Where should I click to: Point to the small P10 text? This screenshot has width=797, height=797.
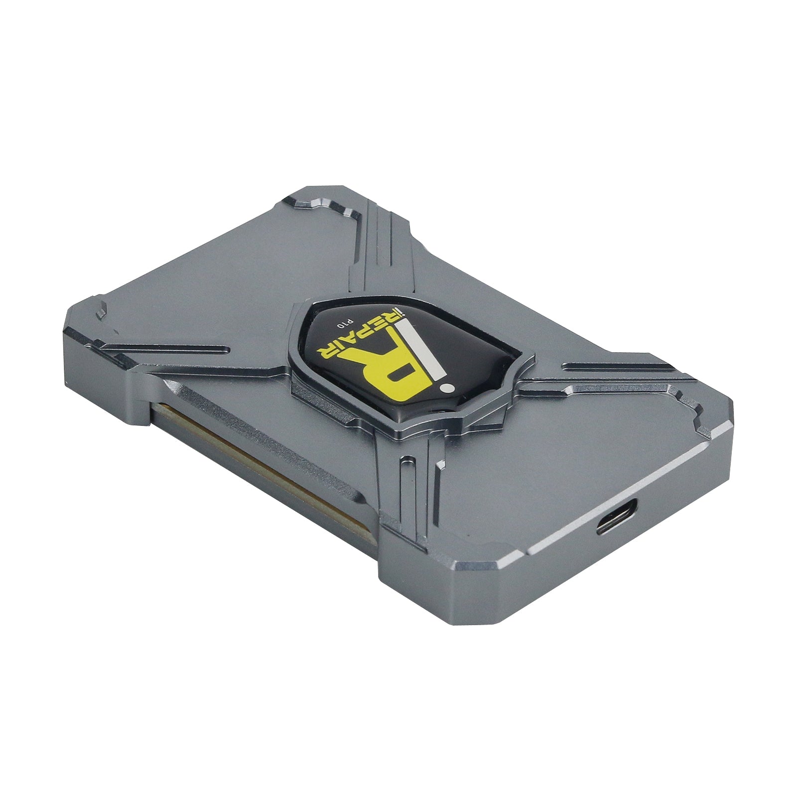(x=341, y=324)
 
